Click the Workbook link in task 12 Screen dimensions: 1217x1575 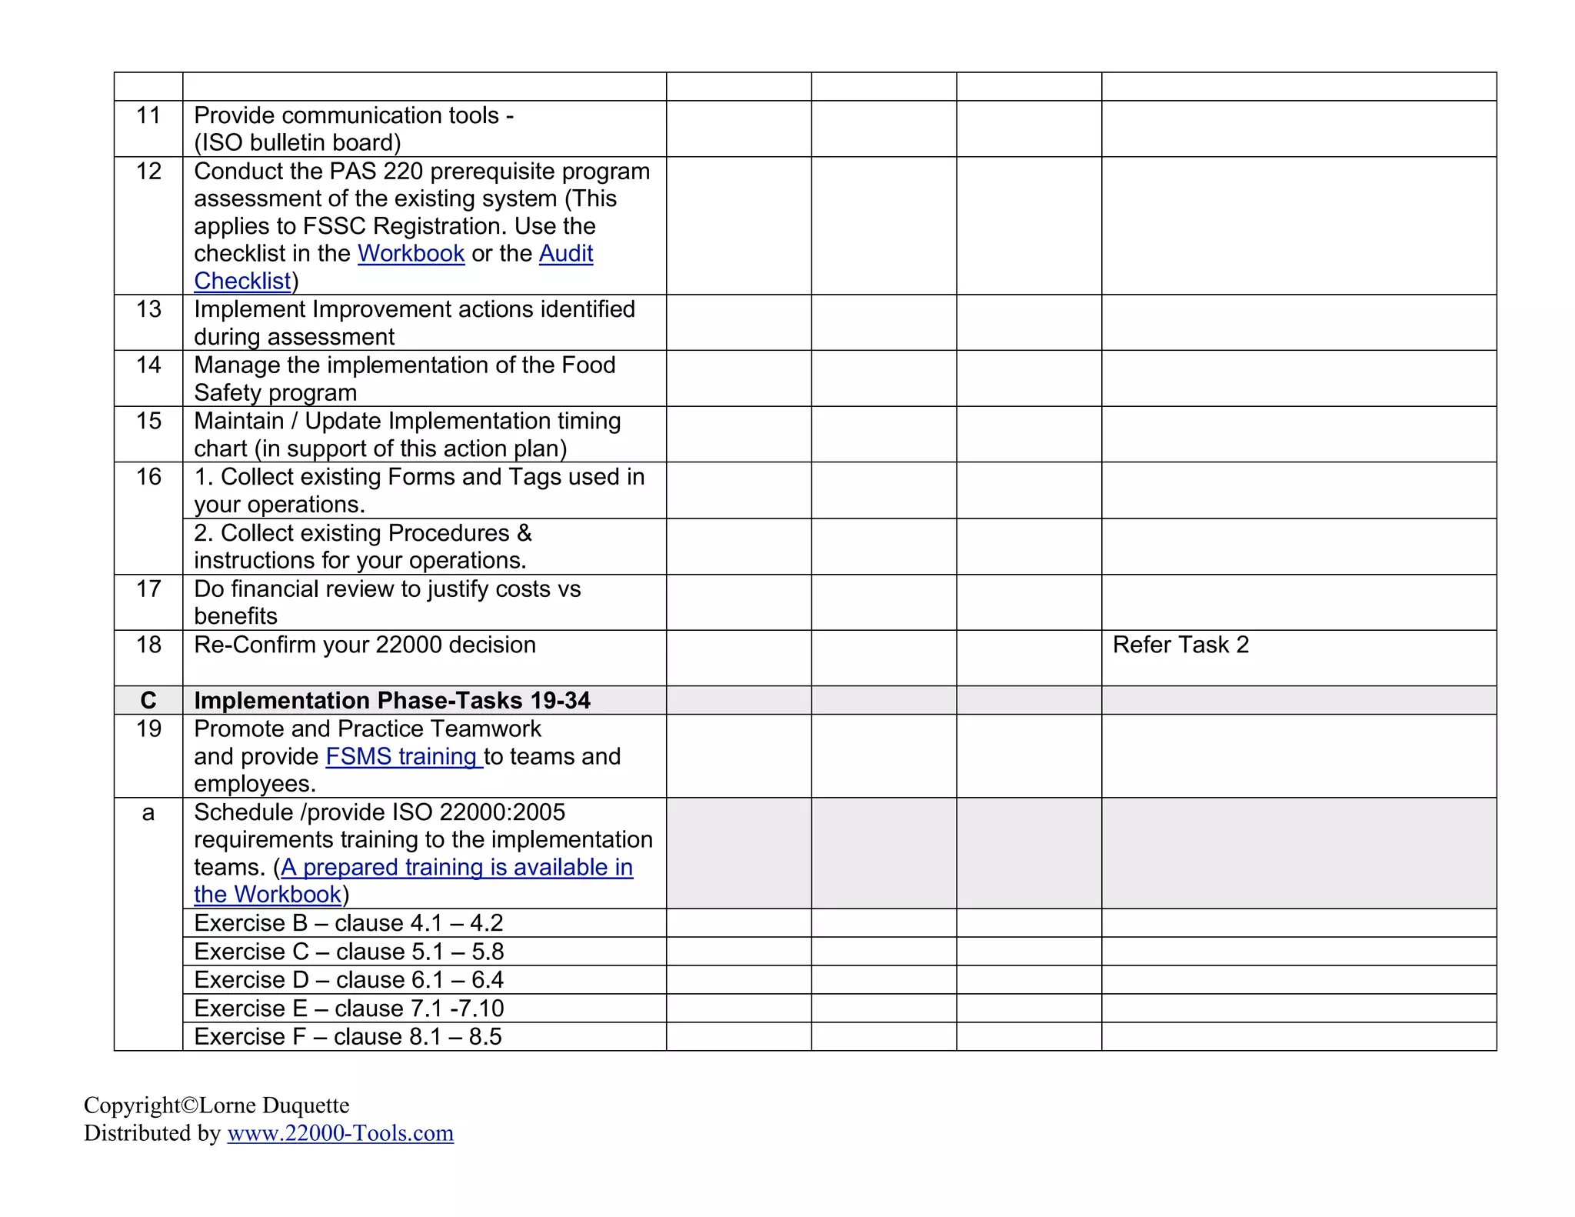411,253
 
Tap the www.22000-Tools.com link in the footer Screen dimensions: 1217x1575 340,1133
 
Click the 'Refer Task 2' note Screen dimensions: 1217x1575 1180,645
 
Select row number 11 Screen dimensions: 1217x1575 148,115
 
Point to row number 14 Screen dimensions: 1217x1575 148,365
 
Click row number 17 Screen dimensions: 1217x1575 148,589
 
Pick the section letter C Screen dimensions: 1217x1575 148,700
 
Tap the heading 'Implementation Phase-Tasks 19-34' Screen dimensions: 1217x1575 392,700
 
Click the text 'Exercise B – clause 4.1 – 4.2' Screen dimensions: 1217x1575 348,923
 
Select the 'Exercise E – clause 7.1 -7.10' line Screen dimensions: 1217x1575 348,1009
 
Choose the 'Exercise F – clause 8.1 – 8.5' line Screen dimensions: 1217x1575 348,1037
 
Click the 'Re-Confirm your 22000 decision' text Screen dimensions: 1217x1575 365,645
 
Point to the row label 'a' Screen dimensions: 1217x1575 148,812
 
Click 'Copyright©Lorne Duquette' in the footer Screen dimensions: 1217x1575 216,1105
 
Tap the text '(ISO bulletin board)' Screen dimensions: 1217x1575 298,143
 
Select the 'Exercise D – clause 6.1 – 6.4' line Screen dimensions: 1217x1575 348,980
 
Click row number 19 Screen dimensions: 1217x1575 148,729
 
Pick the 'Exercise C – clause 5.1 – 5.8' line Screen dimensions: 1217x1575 348,952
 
